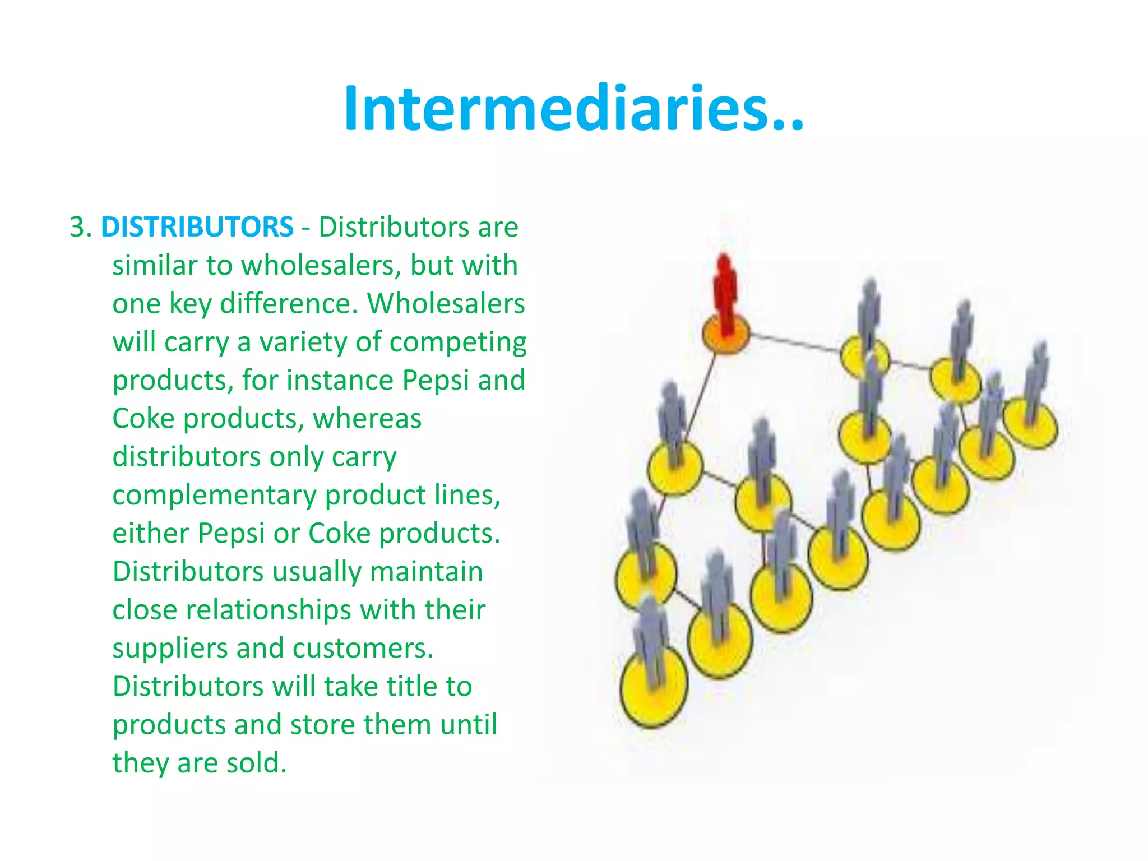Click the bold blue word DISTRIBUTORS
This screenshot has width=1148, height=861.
tap(197, 227)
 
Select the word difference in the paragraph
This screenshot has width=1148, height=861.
tap(288, 304)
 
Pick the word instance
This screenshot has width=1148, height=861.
tap(340, 380)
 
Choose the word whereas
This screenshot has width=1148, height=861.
tap(367, 419)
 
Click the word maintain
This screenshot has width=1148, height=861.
tap(426, 572)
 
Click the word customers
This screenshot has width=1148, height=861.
tap(363, 649)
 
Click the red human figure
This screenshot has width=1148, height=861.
tap(725, 294)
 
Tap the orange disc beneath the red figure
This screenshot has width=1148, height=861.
tap(726, 336)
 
